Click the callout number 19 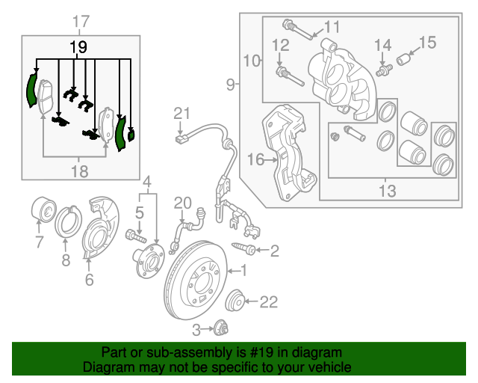(x=78, y=47)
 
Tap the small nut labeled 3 (x=220, y=328)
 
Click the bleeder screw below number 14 (x=386, y=70)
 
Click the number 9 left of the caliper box (x=230, y=85)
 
